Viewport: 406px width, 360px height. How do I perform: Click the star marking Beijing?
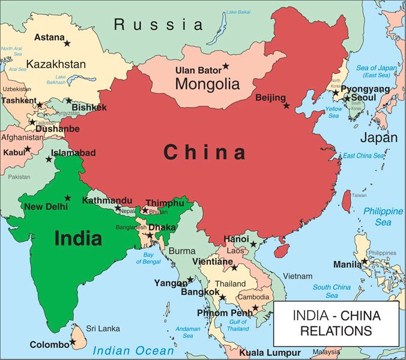click(286, 106)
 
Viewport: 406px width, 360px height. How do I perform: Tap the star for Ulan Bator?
click(226, 67)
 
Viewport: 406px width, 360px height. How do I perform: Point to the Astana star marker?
click(67, 43)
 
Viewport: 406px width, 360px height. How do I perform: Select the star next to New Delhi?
click(68, 198)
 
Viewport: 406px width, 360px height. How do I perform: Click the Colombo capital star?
click(73, 342)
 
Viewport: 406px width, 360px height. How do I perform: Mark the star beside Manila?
click(365, 262)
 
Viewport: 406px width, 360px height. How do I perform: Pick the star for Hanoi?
click(253, 244)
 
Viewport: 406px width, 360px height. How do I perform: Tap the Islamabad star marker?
click(49, 159)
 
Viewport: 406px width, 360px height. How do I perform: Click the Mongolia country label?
click(207, 85)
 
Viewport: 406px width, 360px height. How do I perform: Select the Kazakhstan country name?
click(56, 64)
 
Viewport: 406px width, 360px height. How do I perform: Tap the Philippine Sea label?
click(384, 217)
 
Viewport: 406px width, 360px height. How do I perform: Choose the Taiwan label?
click(359, 195)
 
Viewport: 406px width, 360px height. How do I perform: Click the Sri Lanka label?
click(103, 328)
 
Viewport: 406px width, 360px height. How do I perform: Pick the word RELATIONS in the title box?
click(336, 330)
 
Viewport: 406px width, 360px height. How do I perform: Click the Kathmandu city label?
click(108, 200)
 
